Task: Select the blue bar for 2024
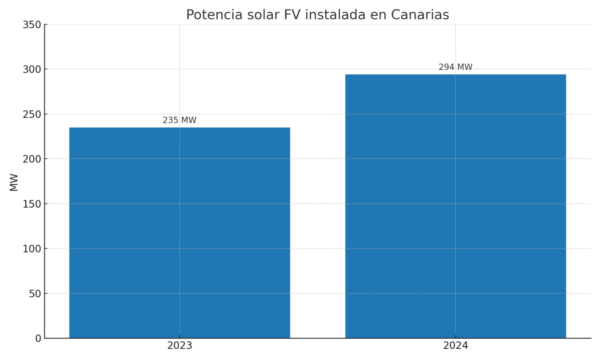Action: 455,206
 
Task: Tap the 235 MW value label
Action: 179,120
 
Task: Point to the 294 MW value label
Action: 455,67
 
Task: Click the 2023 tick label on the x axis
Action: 179,346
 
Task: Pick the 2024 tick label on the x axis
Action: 455,346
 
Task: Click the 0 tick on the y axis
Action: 38,338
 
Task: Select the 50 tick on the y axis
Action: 35,293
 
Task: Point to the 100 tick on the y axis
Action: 32,249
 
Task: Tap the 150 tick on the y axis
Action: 32,203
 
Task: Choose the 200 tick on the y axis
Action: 32,159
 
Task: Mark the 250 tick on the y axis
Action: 32,114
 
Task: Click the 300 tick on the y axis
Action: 32,69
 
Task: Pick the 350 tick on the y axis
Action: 32,25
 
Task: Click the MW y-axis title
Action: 14,182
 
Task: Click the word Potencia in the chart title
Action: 213,15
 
